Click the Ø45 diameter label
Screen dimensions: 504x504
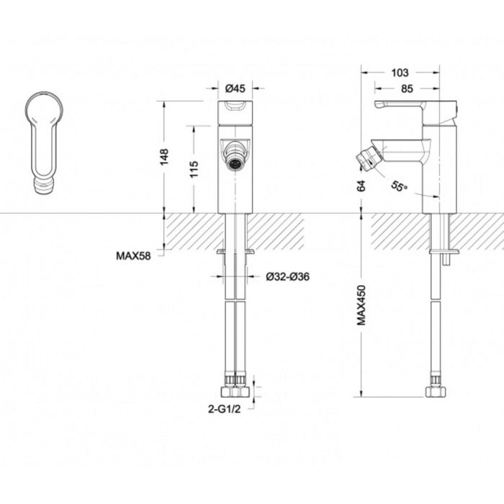(x=235, y=89)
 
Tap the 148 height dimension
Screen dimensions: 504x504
(x=165, y=156)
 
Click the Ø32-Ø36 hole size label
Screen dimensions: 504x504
(x=287, y=276)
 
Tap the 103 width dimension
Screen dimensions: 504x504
(x=400, y=72)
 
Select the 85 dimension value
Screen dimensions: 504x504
(x=407, y=89)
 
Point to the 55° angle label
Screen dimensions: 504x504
(x=400, y=186)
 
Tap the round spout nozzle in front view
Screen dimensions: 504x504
(x=234, y=160)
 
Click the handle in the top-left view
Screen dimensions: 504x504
(x=43, y=137)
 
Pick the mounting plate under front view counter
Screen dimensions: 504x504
(x=235, y=251)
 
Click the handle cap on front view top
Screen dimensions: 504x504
(x=234, y=108)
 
